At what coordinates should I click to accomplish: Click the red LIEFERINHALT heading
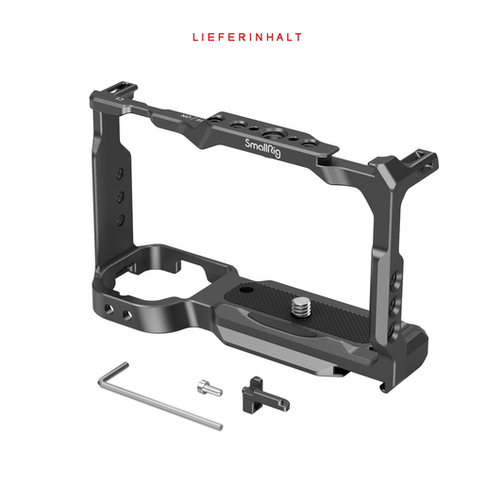[x=247, y=37]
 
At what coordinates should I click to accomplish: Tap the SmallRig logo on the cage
[x=262, y=148]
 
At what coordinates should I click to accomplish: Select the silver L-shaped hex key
[x=159, y=395]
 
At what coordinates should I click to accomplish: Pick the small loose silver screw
[x=209, y=388]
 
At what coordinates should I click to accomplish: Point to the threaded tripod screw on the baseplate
[x=301, y=307]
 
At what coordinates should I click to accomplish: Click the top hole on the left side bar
[x=120, y=174]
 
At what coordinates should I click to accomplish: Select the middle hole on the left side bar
[x=120, y=197]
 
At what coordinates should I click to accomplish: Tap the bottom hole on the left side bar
[x=121, y=220]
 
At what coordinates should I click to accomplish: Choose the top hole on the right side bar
[x=394, y=279]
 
